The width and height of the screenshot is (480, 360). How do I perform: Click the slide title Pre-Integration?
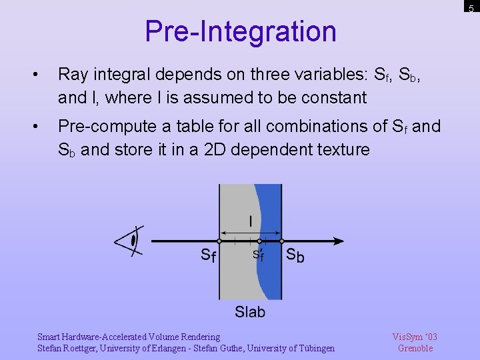(x=240, y=31)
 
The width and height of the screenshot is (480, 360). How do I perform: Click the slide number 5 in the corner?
(x=471, y=8)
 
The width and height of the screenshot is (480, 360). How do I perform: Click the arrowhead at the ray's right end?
(x=338, y=241)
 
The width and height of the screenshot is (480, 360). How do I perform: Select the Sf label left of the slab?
(x=208, y=255)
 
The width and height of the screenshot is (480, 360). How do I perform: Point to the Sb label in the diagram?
(x=295, y=255)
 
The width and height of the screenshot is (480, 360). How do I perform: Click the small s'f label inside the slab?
(x=257, y=255)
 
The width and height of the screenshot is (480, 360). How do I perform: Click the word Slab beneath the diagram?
(x=250, y=311)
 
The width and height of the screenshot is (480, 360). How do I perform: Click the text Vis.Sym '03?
(x=415, y=337)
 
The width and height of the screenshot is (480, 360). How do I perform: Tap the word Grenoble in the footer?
(x=415, y=348)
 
